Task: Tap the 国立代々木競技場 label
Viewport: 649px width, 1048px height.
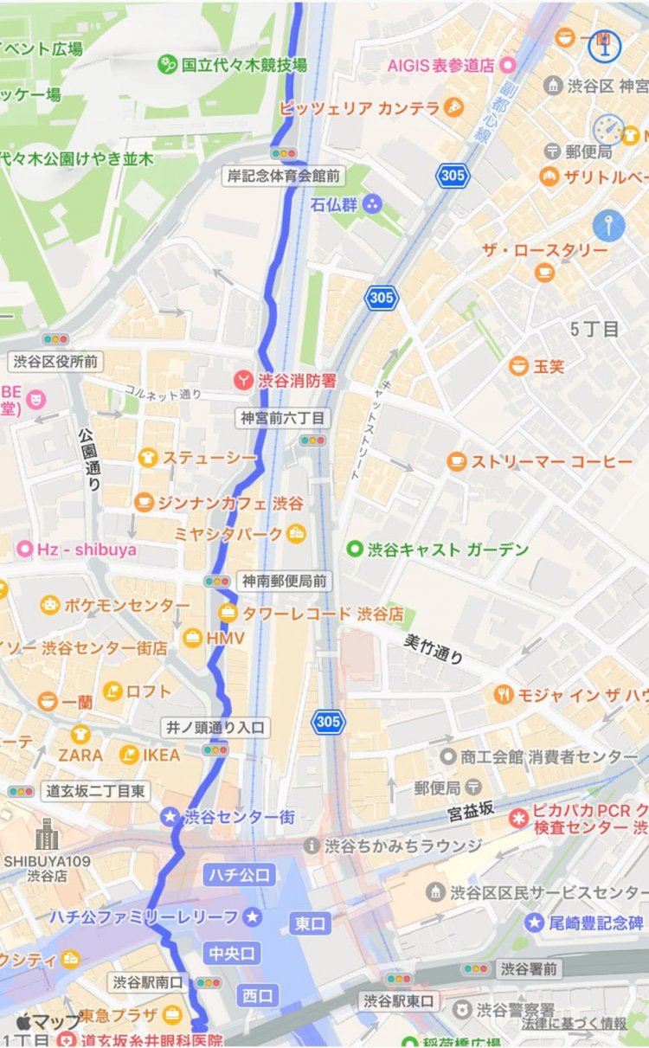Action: tap(243, 65)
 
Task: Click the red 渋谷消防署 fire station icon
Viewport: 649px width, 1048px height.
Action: tap(245, 379)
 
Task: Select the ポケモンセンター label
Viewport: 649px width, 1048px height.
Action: tap(126, 605)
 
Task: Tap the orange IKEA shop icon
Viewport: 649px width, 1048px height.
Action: tap(129, 755)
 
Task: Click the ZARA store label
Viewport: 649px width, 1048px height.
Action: tap(80, 755)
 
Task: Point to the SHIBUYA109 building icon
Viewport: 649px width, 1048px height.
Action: tap(47, 836)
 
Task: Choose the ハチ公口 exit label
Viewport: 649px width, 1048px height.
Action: tap(240, 875)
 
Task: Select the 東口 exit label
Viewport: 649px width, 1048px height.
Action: tap(311, 923)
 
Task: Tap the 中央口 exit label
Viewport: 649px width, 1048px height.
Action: tap(231, 954)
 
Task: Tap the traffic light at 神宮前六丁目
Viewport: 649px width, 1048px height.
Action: tap(312, 440)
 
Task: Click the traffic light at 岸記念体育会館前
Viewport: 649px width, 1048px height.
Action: tap(283, 153)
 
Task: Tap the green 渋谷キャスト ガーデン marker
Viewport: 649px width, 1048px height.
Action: tap(354, 549)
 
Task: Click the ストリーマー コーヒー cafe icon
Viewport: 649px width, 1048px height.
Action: tap(457, 462)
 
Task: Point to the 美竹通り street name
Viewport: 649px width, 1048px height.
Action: tap(434, 648)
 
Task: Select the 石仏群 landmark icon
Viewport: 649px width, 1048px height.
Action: tap(371, 205)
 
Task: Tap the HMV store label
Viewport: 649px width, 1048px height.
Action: tap(225, 638)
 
